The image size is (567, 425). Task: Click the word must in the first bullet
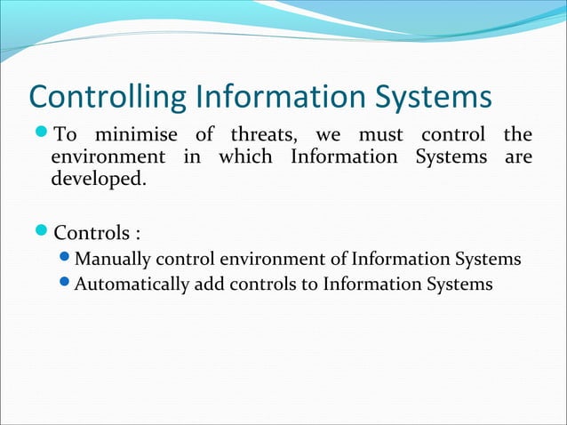tap(380, 136)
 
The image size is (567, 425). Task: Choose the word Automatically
tap(132, 285)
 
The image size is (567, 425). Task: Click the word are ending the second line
tap(517, 157)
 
